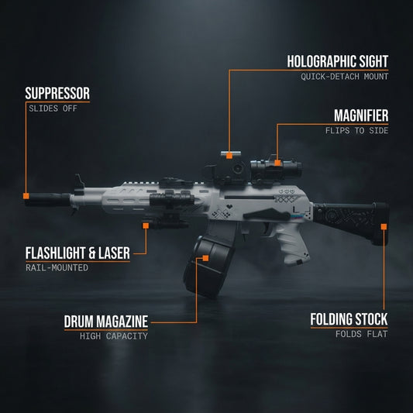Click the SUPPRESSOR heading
pyautogui.click(x=57, y=93)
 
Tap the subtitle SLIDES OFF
pyautogui.click(x=53, y=108)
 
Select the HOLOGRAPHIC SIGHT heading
pyautogui.click(x=338, y=61)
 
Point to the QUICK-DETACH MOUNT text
pyautogui.click(x=345, y=77)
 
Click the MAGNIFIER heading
pyautogui.click(x=361, y=115)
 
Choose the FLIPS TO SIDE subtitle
pyautogui.click(x=356, y=131)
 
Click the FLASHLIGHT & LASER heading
pyautogui.click(x=77, y=253)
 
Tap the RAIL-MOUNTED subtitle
pyautogui.click(x=57, y=268)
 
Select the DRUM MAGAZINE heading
pyautogui.click(x=106, y=322)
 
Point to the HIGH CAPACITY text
pyautogui.click(x=114, y=336)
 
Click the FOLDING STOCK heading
pyautogui.click(x=349, y=319)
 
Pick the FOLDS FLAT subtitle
pyautogui.click(x=361, y=334)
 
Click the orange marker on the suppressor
pyautogui.click(x=26, y=196)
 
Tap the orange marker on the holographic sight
pyautogui.click(x=229, y=156)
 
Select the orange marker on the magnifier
pyautogui.click(x=277, y=163)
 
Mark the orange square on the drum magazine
pyautogui.click(x=205, y=258)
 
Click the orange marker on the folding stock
pyautogui.click(x=384, y=226)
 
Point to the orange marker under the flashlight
pyautogui.click(x=146, y=225)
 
